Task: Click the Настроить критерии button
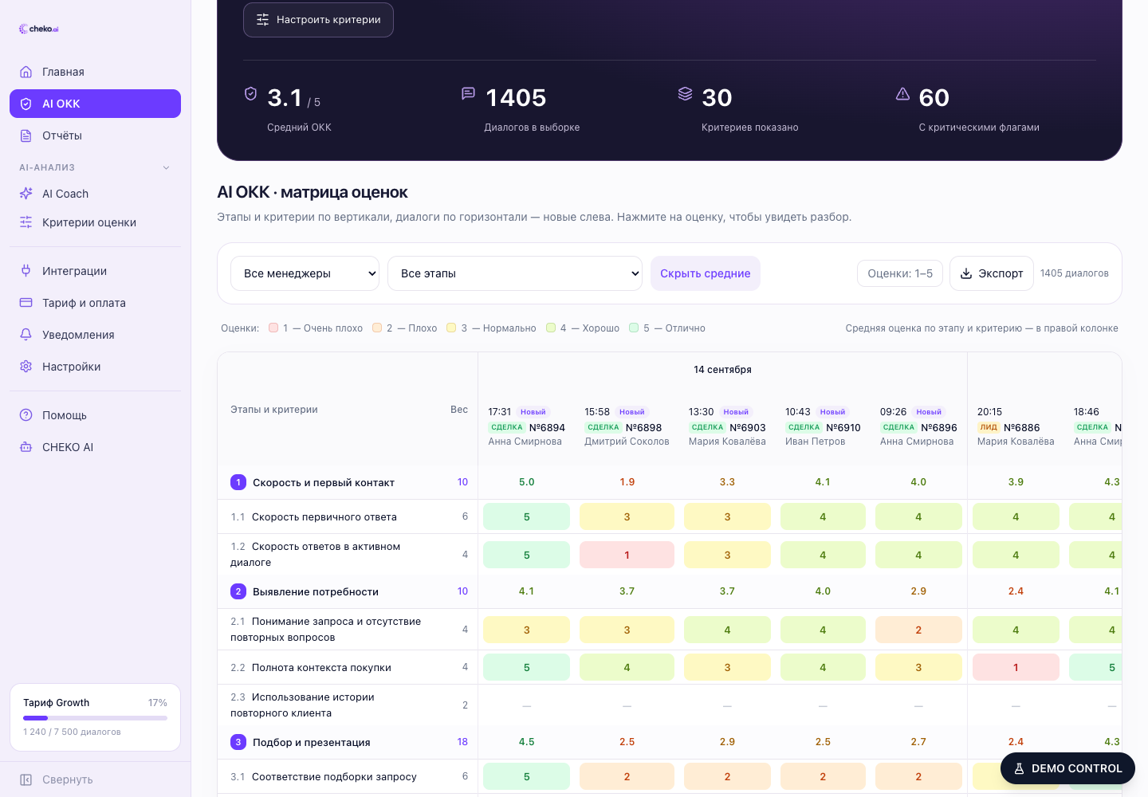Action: [x=318, y=20]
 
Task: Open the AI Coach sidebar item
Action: [x=65, y=194]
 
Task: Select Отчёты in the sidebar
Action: [x=61, y=135]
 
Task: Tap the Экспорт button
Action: [x=991, y=273]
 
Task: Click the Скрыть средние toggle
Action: [x=706, y=273]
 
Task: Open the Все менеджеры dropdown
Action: [x=305, y=273]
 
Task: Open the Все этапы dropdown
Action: [x=514, y=273]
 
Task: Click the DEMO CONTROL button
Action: [x=1067, y=768]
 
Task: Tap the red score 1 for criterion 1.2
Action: [x=627, y=555]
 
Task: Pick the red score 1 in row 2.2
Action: [x=1016, y=667]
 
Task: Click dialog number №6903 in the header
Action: [x=748, y=427]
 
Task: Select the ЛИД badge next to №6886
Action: [x=988, y=427]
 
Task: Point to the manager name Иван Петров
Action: [x=815, y=441]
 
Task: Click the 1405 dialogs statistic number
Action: [x=516, y=98]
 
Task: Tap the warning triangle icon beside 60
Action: [x=902, y=94]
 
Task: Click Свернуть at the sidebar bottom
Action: [x=67, y=779]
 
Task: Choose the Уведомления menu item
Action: [x=78, y=335]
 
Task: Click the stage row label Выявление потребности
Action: [x=315, y=591]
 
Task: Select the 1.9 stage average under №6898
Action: [x=627, y=482]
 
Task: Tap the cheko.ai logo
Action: [x=39, y=29]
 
